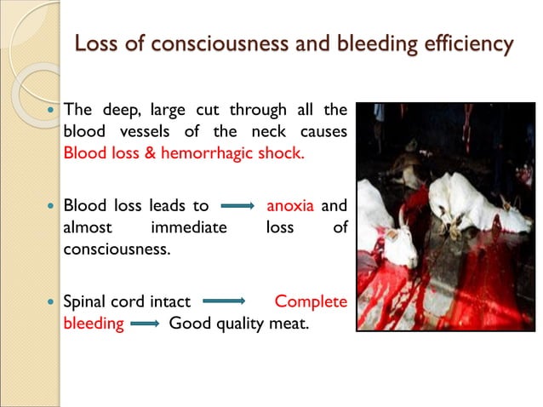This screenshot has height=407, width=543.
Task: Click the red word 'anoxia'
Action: [x=290, y=206]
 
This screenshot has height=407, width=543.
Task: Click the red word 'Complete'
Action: [x=311, y=301]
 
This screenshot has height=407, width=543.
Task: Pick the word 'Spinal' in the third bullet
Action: [x=85, y=301]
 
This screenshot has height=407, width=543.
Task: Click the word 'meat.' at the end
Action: [x=285, y=324]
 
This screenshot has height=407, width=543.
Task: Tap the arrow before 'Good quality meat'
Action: [x=146, y=324]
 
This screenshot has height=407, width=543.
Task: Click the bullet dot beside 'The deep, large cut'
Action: [x=51, y=111]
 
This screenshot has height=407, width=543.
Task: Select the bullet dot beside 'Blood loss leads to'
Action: [x=51, y=206]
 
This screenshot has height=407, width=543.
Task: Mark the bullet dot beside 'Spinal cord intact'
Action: [x=51, y=301]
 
